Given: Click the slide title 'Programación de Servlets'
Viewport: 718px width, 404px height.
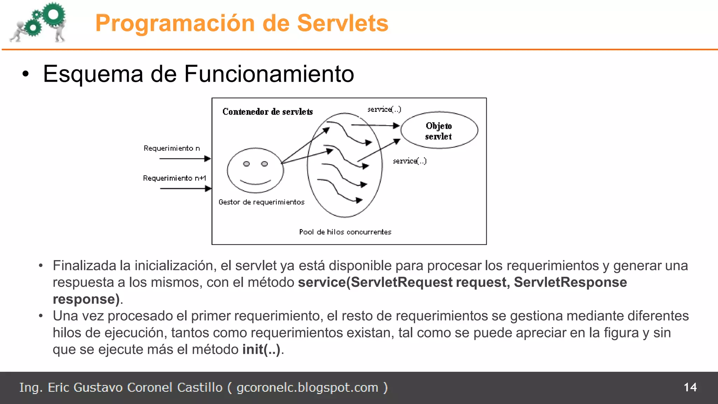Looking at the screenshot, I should [242, 23].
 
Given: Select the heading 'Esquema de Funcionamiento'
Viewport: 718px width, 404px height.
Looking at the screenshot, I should [198, 74].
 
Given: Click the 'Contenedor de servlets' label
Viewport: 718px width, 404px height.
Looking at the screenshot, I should [267, 112].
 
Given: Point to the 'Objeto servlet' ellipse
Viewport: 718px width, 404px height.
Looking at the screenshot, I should [439, 130].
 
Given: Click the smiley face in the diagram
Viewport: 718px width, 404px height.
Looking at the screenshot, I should [255, 170].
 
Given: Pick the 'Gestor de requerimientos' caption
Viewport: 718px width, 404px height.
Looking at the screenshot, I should [262, 202].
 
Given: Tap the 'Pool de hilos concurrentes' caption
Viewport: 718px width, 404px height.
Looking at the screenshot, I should [345, 232].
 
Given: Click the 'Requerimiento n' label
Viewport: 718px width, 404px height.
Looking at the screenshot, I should [172, 148].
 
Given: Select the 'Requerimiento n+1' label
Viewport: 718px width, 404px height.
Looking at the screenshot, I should [175, 178].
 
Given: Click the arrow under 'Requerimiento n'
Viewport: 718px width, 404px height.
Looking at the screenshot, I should [185, 159].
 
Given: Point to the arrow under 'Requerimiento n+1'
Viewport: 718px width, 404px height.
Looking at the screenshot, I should [185, 189].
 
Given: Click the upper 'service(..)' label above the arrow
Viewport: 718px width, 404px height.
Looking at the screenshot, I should [384, 109].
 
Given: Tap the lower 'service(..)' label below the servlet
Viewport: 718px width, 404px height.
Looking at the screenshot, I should [409, 161].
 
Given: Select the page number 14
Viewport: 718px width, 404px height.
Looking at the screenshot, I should [690, 387].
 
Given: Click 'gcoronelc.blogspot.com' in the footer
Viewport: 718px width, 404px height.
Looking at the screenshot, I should [307, 388].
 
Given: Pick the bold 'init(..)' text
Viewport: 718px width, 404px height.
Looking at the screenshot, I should [261, 350].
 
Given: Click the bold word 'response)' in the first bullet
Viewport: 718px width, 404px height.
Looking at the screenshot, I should [86, 299].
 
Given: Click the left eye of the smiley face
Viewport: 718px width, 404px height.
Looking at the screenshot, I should [246, 164].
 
